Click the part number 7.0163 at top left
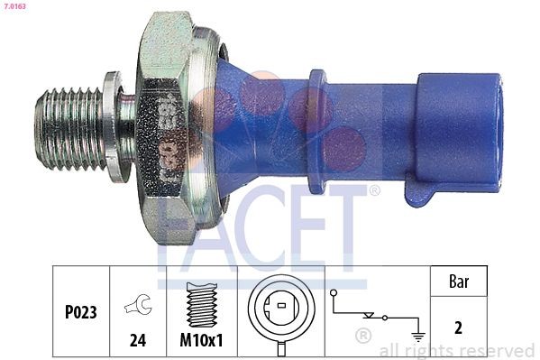point(15,6)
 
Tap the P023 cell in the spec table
point(82,313)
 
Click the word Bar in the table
point(458,282)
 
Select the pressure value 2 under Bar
point(458,328)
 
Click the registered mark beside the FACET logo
point(374,191)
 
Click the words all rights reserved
point(457,350)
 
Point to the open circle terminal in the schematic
point(334,293)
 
